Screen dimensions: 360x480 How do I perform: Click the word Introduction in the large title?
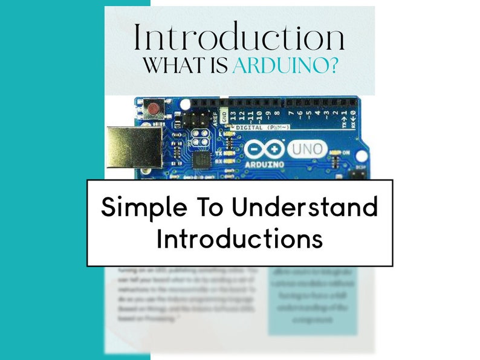coord(239,37)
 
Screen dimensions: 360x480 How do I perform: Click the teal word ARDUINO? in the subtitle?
coord(285,66)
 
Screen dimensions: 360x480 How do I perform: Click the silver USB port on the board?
coord(134,147)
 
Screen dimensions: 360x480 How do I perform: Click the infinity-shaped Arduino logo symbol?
coord(264,149)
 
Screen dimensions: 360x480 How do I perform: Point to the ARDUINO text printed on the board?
coord(264,163)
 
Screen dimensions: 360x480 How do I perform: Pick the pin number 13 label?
coord(234,114)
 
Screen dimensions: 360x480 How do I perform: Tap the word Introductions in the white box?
coord(239,239)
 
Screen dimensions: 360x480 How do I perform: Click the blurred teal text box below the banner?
coord(312,300)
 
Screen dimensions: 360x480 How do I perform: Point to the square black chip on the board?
coord(201,161)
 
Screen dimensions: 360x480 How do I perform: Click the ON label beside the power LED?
coord(346,153)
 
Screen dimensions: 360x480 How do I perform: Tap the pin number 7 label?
coord(291,113)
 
